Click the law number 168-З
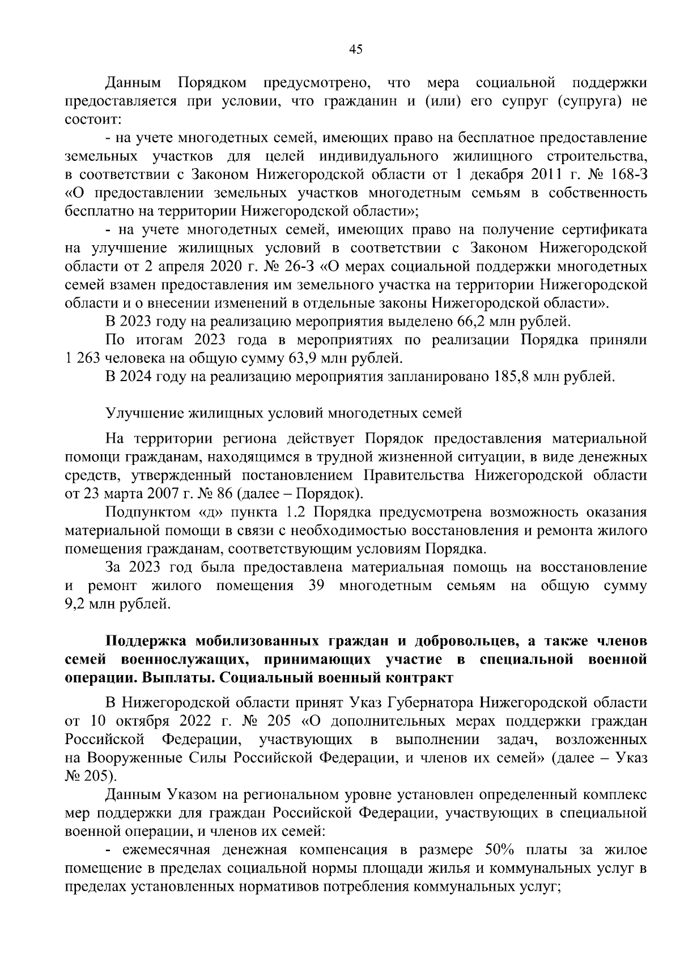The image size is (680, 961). point(624,174)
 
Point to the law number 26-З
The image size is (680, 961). point(303,266)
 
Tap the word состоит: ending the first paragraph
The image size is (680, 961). point(90,120)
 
